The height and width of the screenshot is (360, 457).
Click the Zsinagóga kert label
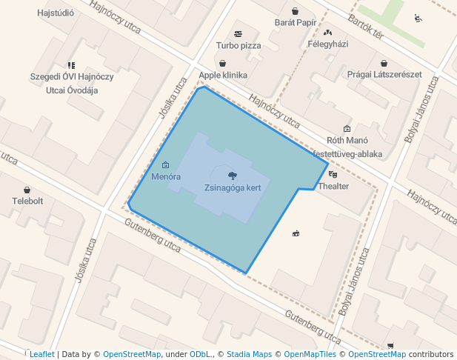pos(233,187)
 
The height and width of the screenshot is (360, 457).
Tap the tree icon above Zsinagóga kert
pos(233,176)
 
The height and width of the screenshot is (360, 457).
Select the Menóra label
pos(166,177)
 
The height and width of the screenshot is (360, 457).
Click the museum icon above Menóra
pos(165,164)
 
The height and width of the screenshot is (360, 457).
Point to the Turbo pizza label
pos(238,45)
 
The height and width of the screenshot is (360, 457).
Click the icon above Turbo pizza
pos(238,34)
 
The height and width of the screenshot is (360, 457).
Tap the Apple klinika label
pos(223,76)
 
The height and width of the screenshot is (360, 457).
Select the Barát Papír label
pos(296,23)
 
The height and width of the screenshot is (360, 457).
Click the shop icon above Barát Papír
pos(296,11)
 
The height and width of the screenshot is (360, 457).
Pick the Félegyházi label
pos(327,44)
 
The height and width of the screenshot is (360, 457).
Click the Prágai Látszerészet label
pos(384,75)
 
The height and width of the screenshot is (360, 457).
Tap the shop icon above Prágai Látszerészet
pos(384,63)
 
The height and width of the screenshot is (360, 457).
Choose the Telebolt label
pos(27,201)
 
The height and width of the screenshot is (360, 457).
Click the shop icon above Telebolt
pos(27,190)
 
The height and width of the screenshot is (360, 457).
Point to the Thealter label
pos(333,186)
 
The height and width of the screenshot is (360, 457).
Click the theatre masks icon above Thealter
pos(332,175)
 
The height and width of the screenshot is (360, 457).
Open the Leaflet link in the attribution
pos(41,354)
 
